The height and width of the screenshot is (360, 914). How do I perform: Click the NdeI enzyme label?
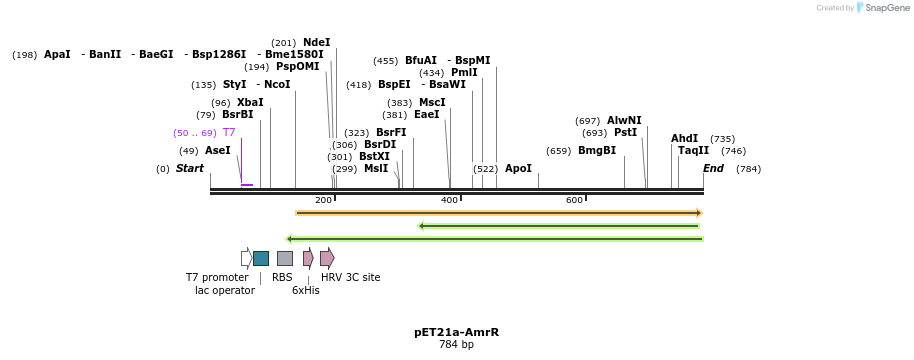click(316, 42)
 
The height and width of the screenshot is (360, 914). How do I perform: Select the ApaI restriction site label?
click(57, 54)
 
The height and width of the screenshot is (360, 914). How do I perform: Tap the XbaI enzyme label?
click(250, 102)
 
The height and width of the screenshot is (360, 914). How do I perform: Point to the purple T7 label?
click(229, 132)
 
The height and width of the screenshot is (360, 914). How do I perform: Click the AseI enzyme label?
click(218, 150)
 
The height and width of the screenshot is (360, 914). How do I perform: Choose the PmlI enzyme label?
click(464, 72)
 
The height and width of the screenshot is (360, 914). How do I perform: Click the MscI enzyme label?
click(432, 102)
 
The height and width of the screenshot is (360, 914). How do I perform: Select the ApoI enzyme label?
click(518, 168)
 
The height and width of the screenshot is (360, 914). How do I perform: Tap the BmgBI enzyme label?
click(597, 150)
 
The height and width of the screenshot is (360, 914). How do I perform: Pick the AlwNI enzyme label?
click(624, 120)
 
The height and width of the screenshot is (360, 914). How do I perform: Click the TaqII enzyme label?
click(693, 150)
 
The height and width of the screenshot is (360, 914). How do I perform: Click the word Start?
click(190, 168)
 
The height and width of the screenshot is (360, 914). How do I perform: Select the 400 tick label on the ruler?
click(449, 200)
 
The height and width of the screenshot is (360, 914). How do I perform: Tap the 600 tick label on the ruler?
click(574, 200)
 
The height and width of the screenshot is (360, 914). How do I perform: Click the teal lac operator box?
click(261, 258)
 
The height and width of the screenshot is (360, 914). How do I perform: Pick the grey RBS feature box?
click(285, 258)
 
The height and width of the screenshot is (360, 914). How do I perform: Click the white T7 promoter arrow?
click(246, 258)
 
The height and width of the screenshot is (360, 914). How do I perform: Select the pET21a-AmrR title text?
click(456, 332)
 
